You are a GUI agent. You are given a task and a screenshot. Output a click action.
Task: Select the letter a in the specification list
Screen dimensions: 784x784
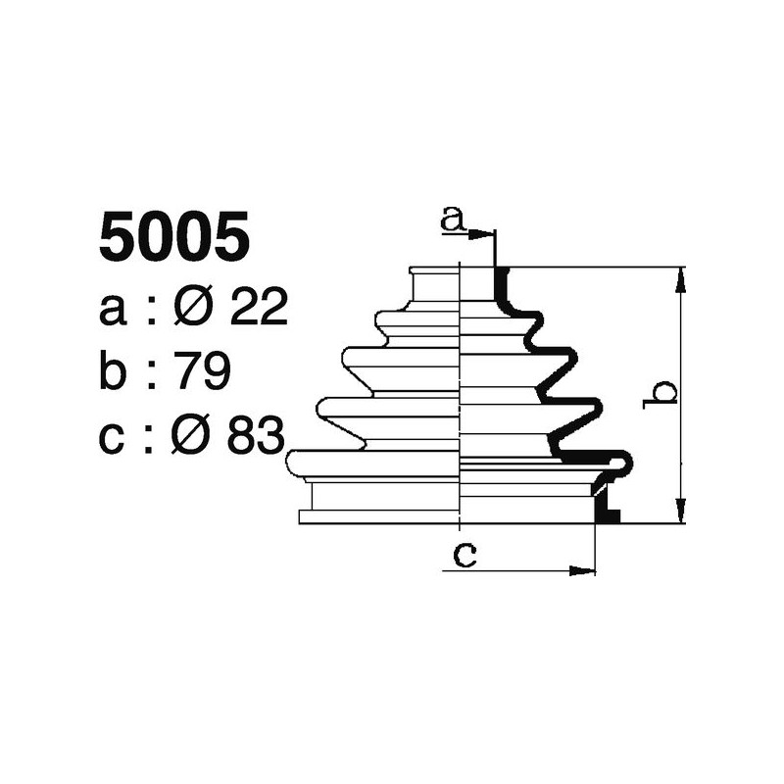pyautogui.click(x=114, y=312)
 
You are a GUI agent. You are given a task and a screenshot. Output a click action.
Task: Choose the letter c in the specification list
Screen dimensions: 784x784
pyautogui.click(x=114, y=438)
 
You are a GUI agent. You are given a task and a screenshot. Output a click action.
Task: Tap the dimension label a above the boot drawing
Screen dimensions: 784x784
pyautogui.click(x=452, y=219)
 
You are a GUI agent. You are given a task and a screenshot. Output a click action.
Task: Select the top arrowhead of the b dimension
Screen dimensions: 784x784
pyautogui.click(x=679, y=278)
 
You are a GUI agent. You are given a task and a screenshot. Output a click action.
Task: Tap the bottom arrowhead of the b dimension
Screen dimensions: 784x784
pyautogui.click(x=679, y=512)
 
